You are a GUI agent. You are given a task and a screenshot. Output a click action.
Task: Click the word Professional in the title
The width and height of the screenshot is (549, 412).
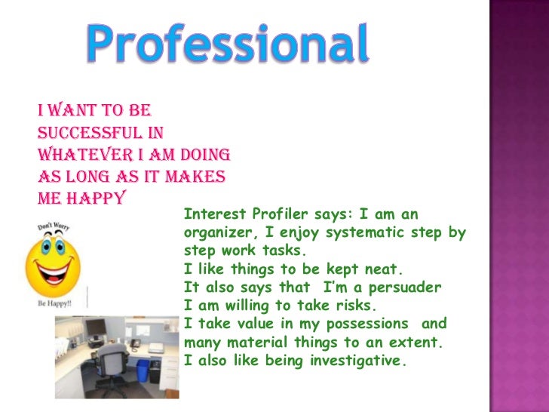point(227,45)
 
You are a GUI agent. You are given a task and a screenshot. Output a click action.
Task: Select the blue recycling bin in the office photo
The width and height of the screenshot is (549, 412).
point(143,370)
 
